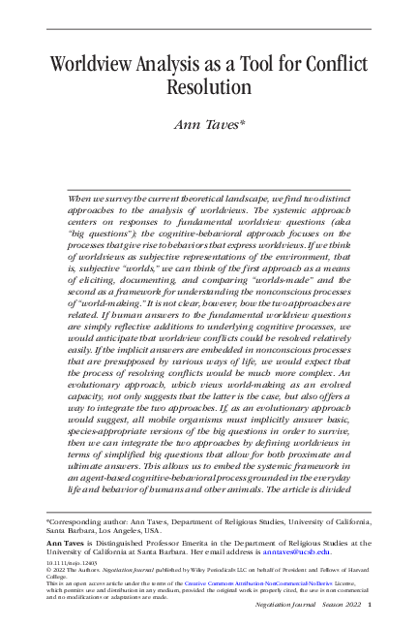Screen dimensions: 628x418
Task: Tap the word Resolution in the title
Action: pyautogui.click(x=208, y=87)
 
